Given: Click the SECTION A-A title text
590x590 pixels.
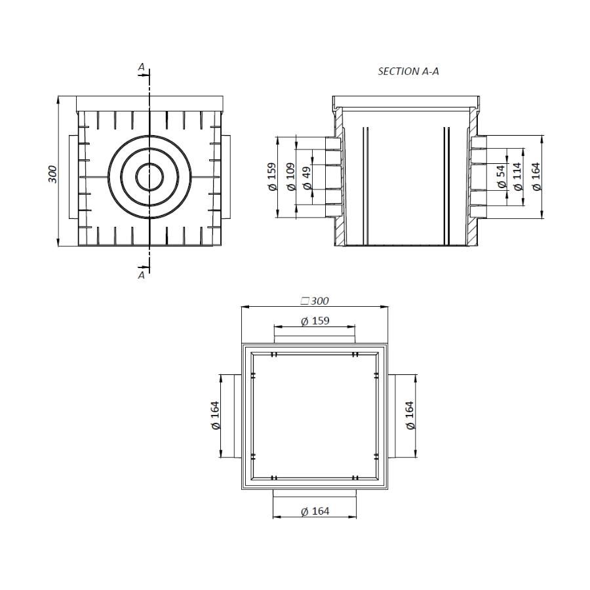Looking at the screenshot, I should (408, 71).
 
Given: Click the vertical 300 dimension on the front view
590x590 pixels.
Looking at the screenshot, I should (53, 173).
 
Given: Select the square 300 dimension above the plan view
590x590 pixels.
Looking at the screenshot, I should (314, 301).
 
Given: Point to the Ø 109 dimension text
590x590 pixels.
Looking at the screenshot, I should (290, 177).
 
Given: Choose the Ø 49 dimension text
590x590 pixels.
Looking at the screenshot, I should (307, 177).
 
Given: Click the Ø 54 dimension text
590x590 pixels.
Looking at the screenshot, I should (501, 177).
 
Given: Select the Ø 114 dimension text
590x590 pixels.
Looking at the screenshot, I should (519, 177).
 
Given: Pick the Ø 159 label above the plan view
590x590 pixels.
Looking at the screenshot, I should (314, 321).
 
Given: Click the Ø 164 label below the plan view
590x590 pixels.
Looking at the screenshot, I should (314, 511).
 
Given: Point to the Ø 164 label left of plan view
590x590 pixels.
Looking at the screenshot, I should (215, 416).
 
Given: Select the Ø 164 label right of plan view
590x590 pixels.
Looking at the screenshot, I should (410, 416).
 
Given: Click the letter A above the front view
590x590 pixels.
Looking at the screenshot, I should (141, 67).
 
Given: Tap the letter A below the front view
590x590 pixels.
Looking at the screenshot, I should (141, 276).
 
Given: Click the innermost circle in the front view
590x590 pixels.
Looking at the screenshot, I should (150, 176).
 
